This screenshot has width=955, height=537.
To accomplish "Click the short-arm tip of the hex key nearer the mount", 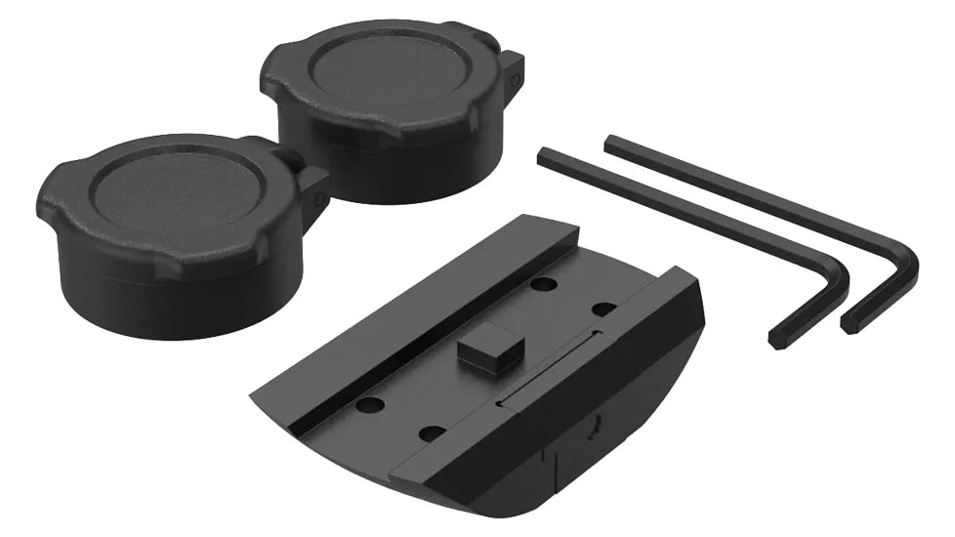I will pyautogui.click(x=777, y=339).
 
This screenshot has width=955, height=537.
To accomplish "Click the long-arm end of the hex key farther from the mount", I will pyautogui.click(x=612, y=143).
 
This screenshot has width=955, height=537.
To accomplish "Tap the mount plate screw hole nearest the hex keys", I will pyautogui.click(x=603, y=309).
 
